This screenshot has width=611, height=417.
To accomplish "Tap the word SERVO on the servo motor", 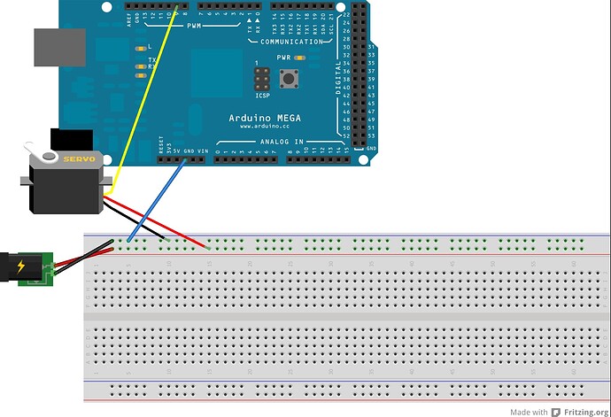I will pyautogui.click(x=72, y=158).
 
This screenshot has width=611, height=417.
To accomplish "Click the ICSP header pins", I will pyautogui.click(x=261, y=79).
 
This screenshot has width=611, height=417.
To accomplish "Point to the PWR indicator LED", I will pyautogui.click(x=301, y=58).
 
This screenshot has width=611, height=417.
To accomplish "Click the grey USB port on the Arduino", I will pyautogui.click(x=57, y=47).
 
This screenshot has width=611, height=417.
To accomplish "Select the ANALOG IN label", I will pyautogui.click(x=282, y=142).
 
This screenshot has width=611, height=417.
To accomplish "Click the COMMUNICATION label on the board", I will pyautogui.click(x=292, y=42).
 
